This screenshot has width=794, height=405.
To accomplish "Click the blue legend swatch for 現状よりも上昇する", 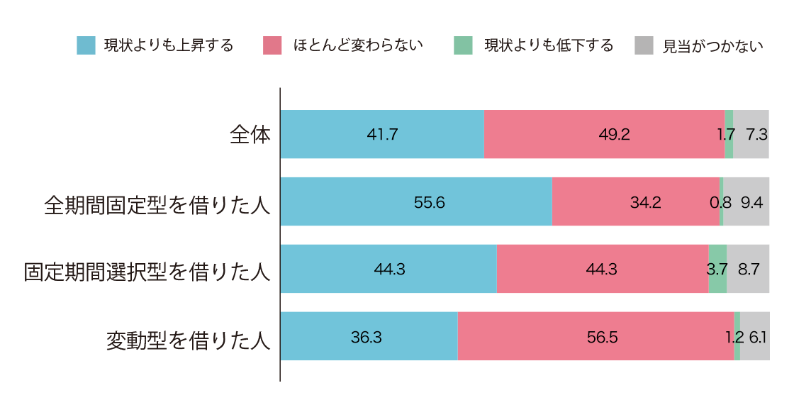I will (x=86, y=45).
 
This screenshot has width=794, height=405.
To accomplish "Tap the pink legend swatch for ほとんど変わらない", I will (x=272, y=45).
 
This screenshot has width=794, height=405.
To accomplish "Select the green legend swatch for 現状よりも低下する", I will (x=462, y=45).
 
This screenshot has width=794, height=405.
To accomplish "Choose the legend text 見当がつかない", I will (x=712, y=46).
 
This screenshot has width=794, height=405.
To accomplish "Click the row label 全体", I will (x=250, y=135).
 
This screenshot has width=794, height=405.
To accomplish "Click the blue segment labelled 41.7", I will (x=382, y=134).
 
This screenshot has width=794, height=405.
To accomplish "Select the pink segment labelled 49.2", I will (x=604, y=134).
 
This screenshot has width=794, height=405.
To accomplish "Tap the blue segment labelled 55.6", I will (x=416, y=201).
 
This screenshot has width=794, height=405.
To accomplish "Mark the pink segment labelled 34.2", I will (x=635, y=201).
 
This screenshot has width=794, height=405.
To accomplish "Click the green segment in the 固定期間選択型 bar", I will (x=717, y=269).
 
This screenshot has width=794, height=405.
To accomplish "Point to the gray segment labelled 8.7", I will (x=748, y=269).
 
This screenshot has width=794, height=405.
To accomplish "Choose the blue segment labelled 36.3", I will (x=369, y=336).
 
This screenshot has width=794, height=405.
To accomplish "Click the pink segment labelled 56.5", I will (x=595, y=336).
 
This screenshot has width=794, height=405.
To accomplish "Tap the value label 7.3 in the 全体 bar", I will (x=757, y=135).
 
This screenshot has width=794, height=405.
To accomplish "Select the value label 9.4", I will (x=751, y=202).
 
